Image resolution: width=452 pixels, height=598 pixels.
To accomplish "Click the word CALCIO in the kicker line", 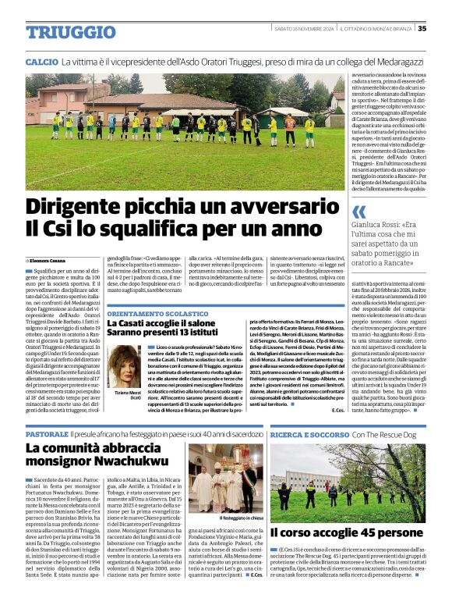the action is pos(41,60).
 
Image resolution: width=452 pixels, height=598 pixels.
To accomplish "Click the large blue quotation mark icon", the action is pos(359,212).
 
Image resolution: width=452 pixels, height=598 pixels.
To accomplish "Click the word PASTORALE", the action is pos(47,433).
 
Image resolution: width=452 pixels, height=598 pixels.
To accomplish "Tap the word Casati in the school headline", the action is pos(134,325).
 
